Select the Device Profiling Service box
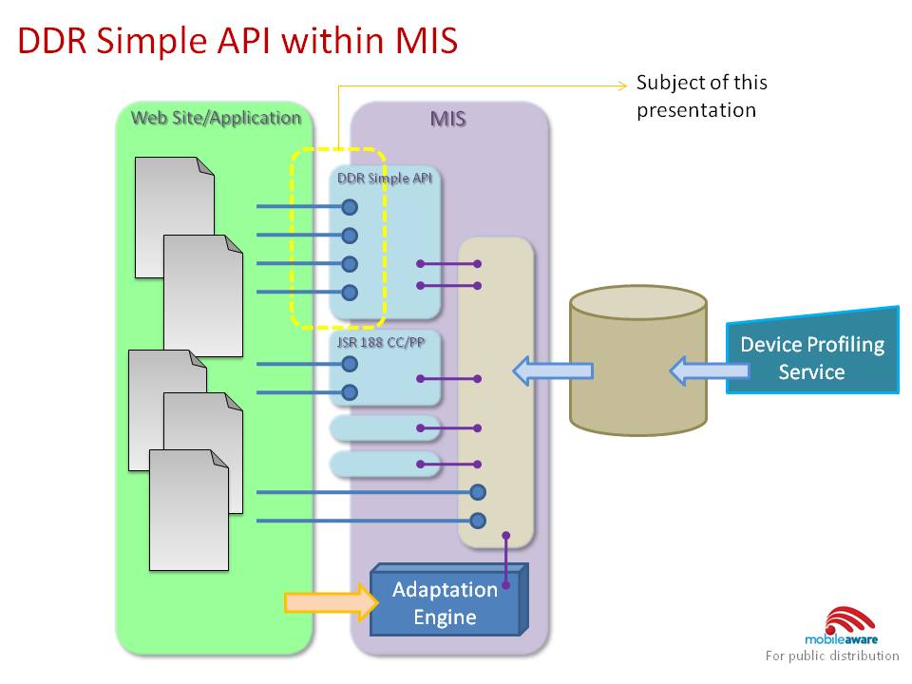click(812, 357)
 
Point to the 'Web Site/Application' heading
click(216, 118)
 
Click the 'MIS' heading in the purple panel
click(448, 120)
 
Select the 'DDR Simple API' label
click(385, 178)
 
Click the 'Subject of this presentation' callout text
click(701, 96)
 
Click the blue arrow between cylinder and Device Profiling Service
click(697, 370)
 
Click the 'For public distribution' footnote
click(832, 655)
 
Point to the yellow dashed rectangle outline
click(293, 237)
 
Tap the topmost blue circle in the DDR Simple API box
click(350, 207)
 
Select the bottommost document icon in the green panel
click(189, 509)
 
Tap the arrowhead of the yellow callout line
click(623, 85)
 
